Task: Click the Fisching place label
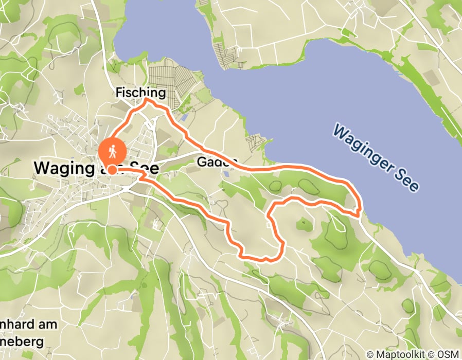coord(140,93)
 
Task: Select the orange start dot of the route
coord(111,168)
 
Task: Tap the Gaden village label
coord(217,163)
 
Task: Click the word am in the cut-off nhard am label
coord(49,325)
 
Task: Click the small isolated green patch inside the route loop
coord(303,223)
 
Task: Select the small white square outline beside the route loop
coord(270,223)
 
